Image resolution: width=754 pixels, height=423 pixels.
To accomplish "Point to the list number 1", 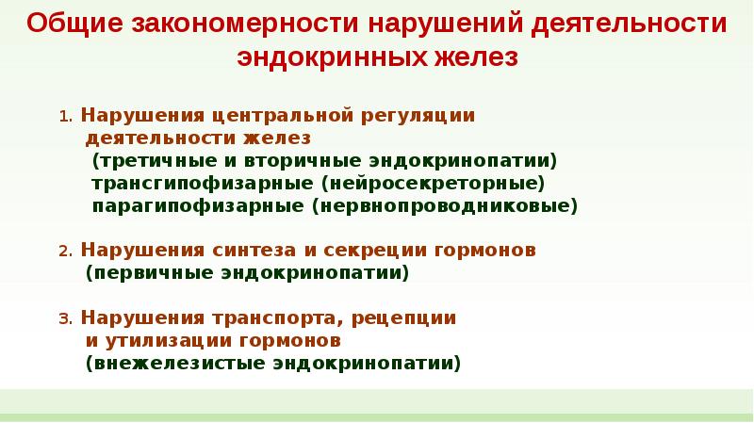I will click(63, 119).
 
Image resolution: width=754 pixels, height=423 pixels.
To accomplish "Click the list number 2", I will click(63, 252).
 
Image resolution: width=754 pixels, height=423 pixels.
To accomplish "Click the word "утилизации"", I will click(157, 339).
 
